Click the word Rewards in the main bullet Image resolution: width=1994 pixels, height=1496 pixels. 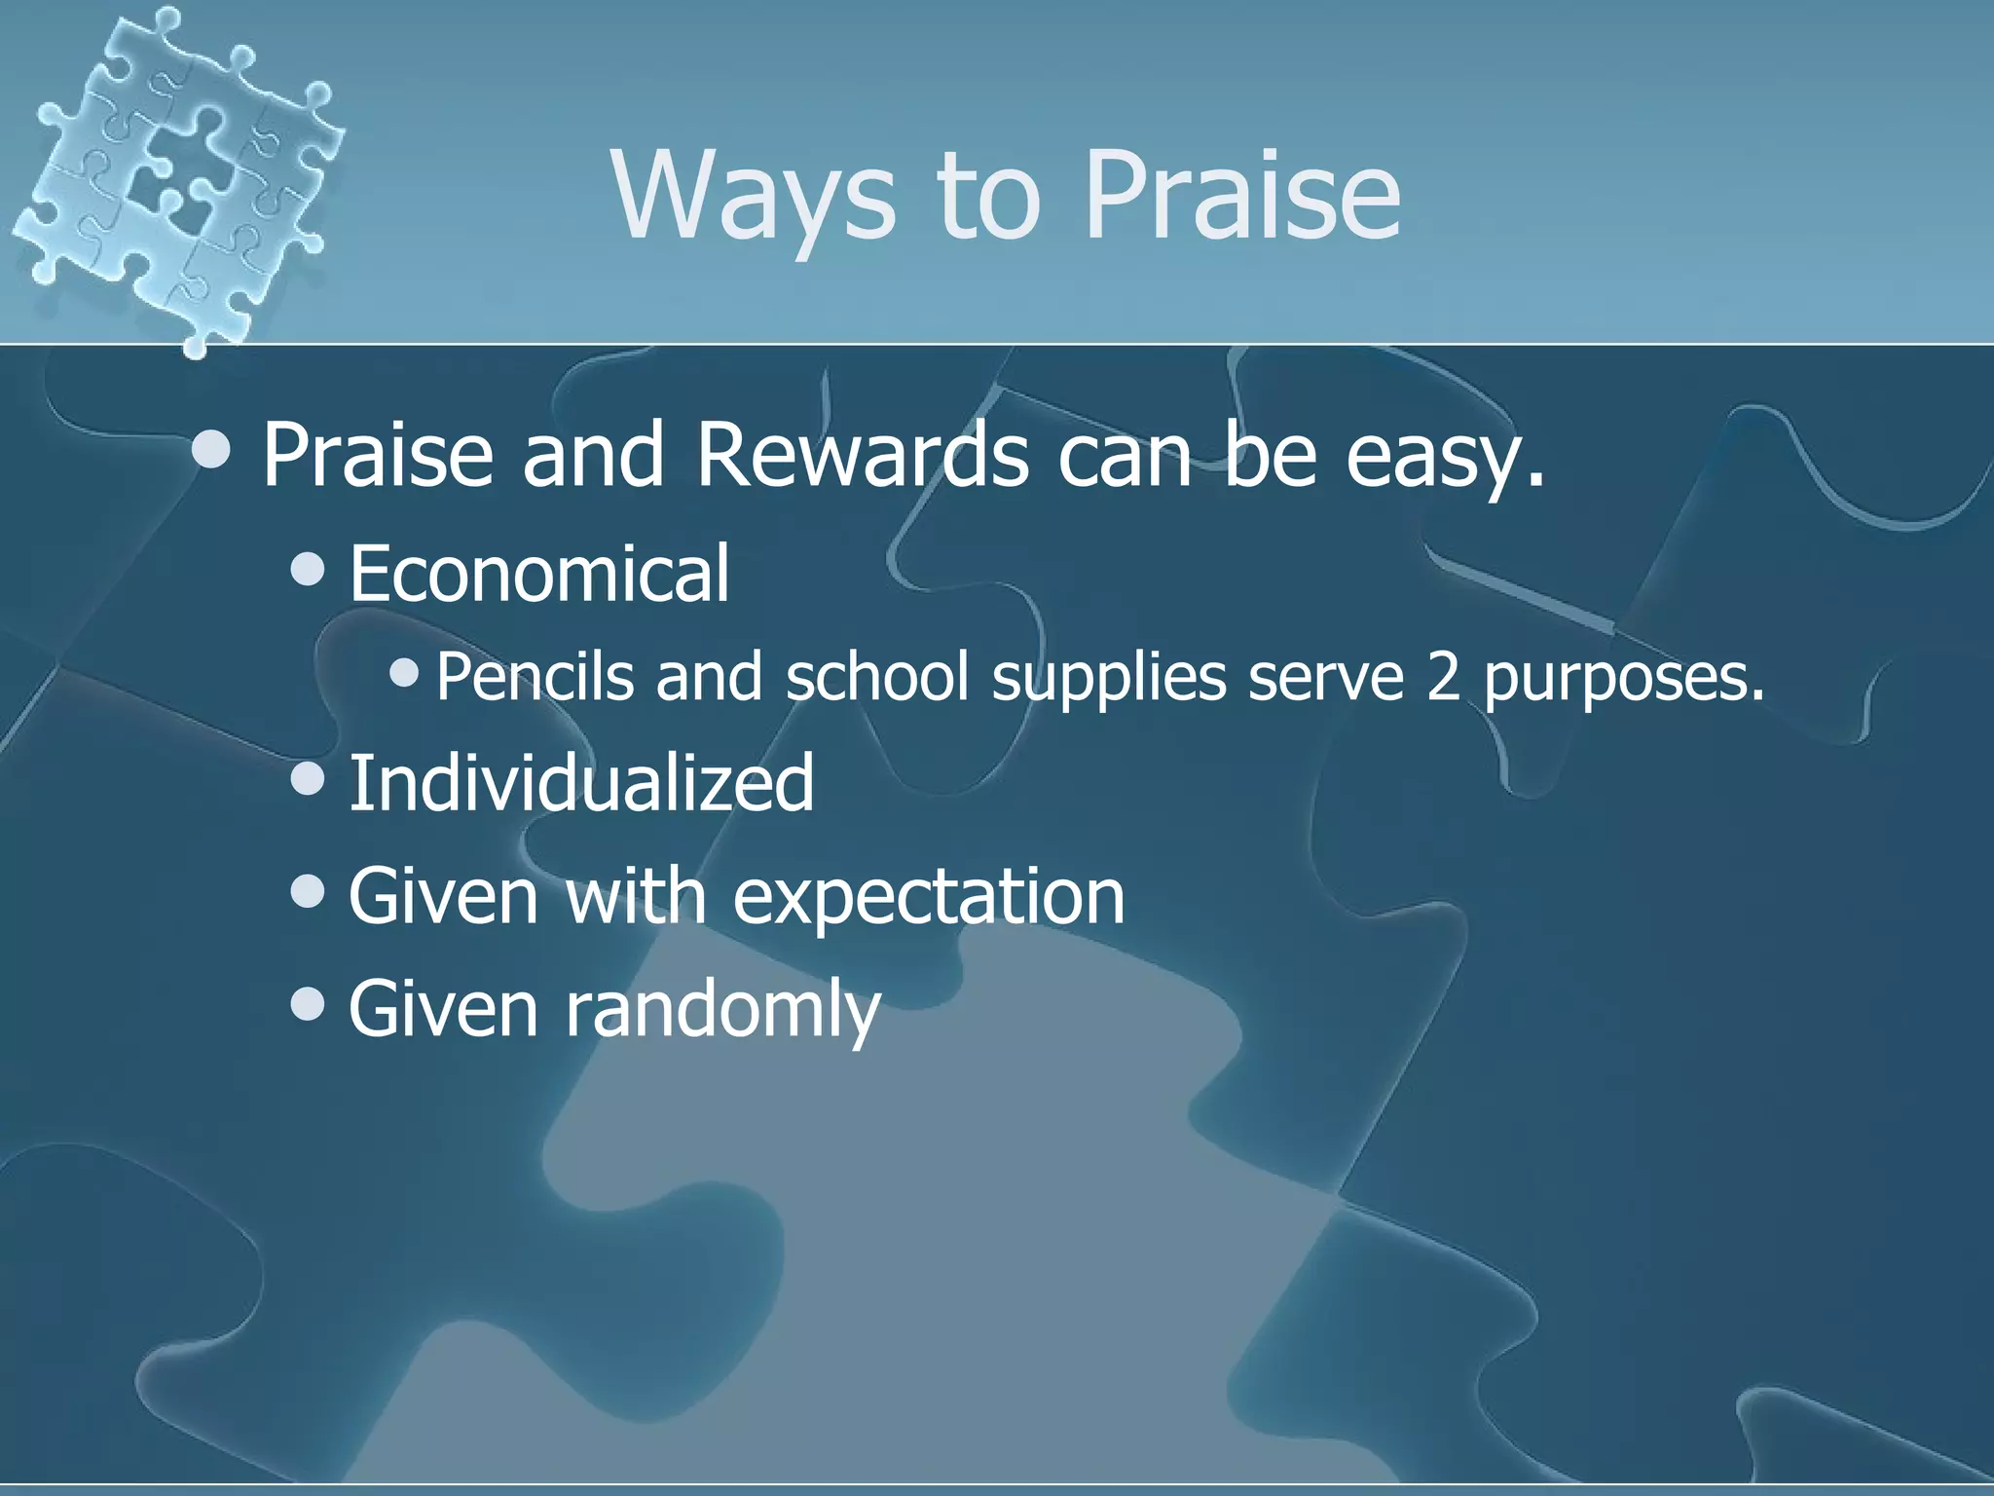pyautogui.click(x=861, y=456)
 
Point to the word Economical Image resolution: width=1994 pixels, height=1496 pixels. pyautogui.click(x=538, y=574)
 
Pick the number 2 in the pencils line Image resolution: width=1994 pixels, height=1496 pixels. pyautogui.click(x=1444, y=676)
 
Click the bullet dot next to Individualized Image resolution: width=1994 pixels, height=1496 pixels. pyautogui.click(x=308, y=778)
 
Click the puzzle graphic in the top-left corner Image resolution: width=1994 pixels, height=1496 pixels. pyautogui.click(x=175, y=175)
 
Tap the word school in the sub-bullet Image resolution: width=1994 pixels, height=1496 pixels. pyautogui.click(x=876, y=676)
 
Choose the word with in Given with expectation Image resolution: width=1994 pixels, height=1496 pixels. pyautogui.click(x=635, y=895)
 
